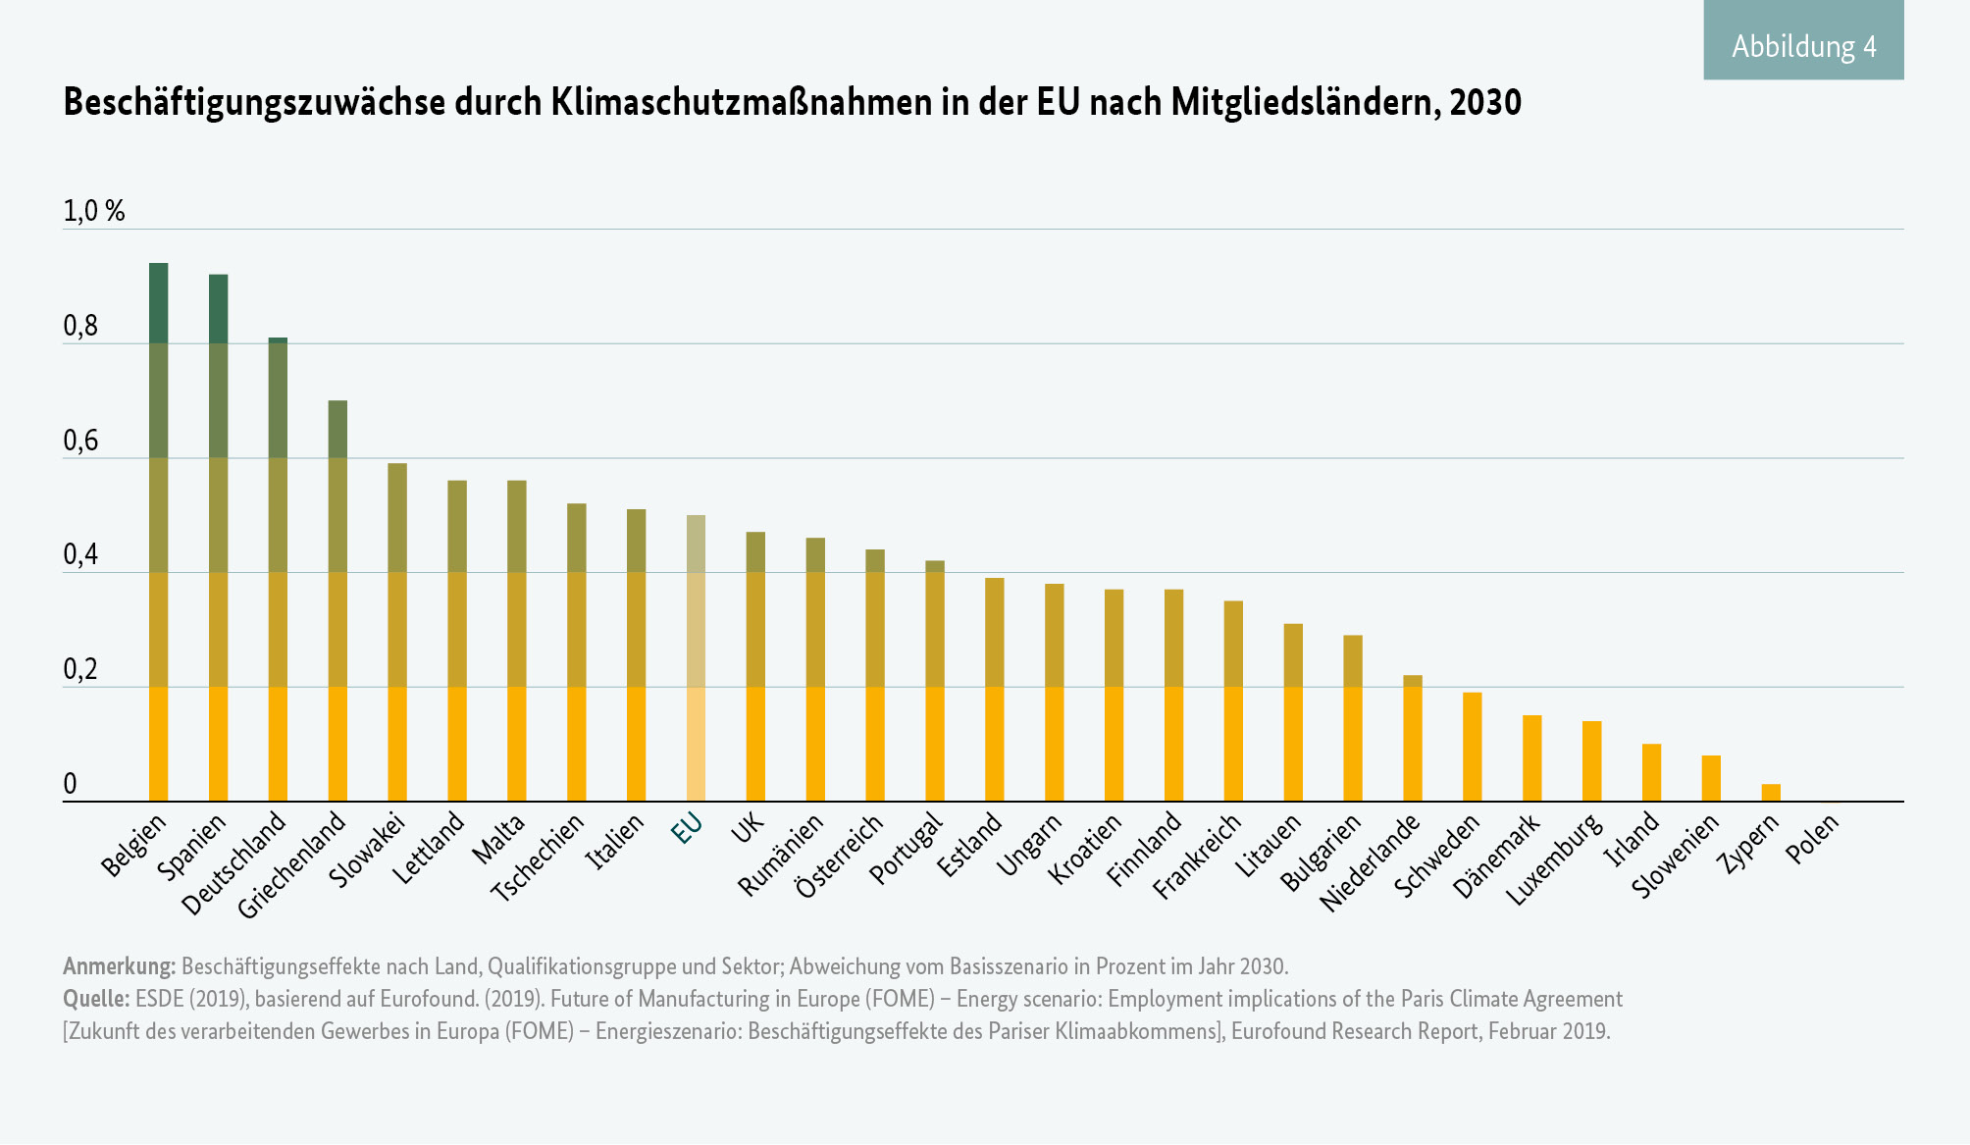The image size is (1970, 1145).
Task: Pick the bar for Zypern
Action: point(1771,793)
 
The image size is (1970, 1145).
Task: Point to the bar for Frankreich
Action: point(1233,701)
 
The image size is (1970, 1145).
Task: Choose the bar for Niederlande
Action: point(1413,738)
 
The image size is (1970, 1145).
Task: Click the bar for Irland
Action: point(1651,772)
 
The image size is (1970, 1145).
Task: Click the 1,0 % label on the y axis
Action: point(94,211)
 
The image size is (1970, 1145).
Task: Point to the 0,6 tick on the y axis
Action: point(80,442)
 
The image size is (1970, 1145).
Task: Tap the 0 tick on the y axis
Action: point(70,784)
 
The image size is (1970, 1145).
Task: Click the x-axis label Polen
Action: point(1811,840)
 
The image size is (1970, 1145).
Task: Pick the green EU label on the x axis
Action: point(687,830)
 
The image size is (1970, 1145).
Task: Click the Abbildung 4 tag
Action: point(1803,46)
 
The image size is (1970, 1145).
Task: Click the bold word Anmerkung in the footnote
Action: point(119,966)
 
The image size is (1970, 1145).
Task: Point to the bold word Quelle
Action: point(96,999)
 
